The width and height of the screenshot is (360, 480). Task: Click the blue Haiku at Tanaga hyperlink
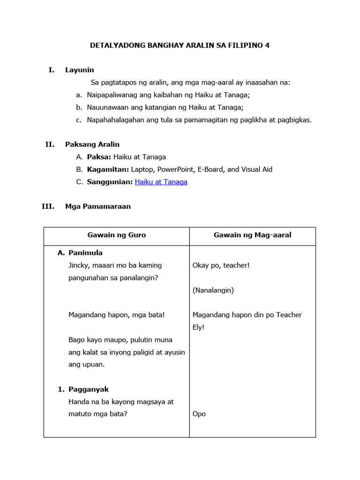tap(161, 182)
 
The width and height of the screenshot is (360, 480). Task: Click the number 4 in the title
tap(267, 45)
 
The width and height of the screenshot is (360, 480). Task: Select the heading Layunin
tap(79, 70)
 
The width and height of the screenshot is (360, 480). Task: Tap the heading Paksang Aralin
tap(92, 144)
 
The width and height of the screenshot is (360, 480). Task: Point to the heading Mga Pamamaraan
tap(98, 206)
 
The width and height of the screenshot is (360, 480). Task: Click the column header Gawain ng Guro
tap(116, 235)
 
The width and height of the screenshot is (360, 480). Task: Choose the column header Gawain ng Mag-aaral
tap(252, 235)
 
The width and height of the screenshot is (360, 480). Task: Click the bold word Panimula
tap(85, 253)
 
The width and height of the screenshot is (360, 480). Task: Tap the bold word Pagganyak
tap(89, 390)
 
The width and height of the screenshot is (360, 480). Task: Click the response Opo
tap(199, 414)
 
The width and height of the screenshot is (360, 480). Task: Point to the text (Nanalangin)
tap(213, 290)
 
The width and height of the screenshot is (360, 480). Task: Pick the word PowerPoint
tap(174, 169)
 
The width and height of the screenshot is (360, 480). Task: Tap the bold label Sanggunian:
tap(110, 182)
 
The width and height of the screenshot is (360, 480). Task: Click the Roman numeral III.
tap(48, 206)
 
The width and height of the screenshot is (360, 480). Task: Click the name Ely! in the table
tap(198, 327)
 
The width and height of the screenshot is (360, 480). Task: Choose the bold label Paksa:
tap(99, 157)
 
